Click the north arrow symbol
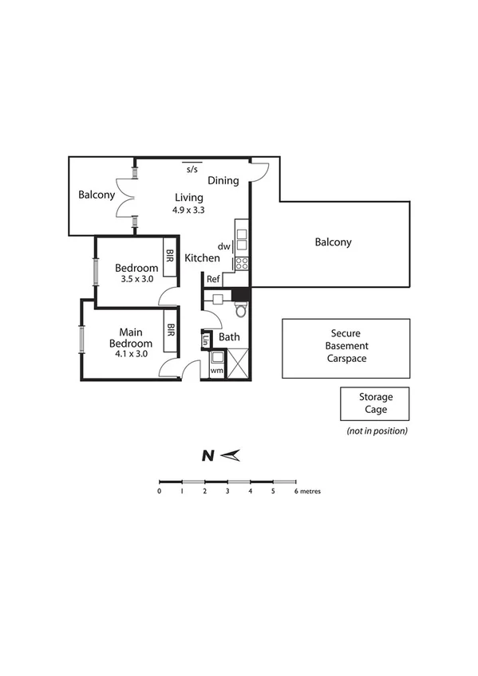(231, 455)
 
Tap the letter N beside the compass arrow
(207, 456)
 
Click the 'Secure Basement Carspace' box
(346, 347)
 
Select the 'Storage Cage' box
(374, 403)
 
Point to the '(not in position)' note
(377, 430)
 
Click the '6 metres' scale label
(308, 491)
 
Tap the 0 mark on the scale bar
(160, 491)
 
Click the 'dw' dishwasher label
(223, 247)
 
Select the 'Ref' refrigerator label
(213, 279)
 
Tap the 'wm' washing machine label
(216, 371)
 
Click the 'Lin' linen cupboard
(207, 340)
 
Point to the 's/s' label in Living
(192, 170)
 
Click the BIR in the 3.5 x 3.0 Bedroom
(170, 257)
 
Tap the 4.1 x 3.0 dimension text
(128, 355)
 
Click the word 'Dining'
(223, 180)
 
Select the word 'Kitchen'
(202, 258)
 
